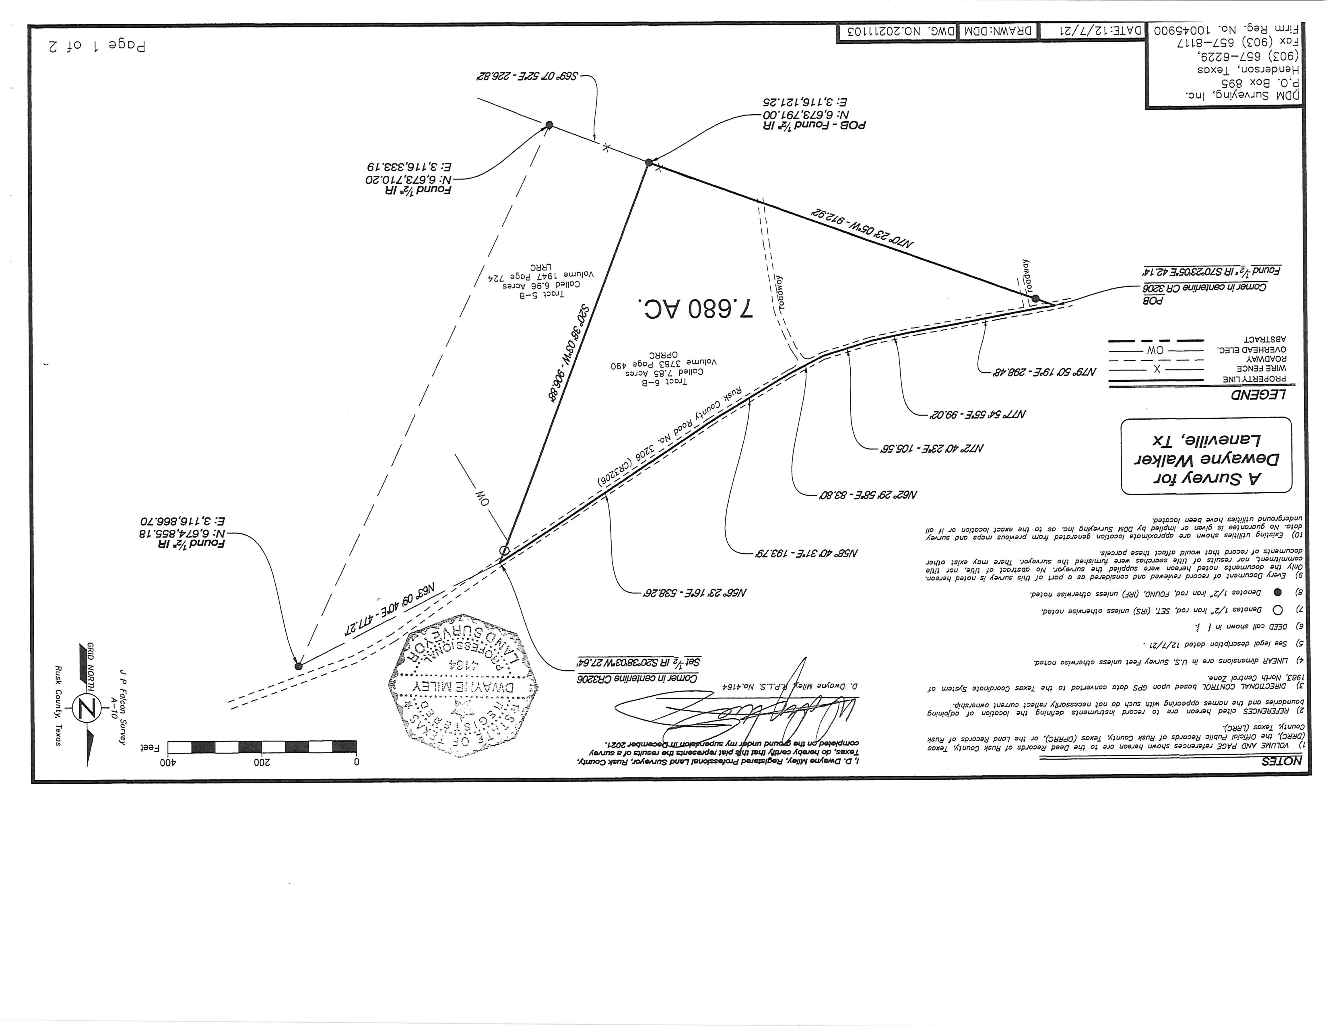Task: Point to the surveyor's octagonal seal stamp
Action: point(463,685)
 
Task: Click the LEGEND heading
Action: point(1259,395)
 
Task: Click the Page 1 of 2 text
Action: point(97,45)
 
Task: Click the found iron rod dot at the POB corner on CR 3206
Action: point(1035,299)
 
